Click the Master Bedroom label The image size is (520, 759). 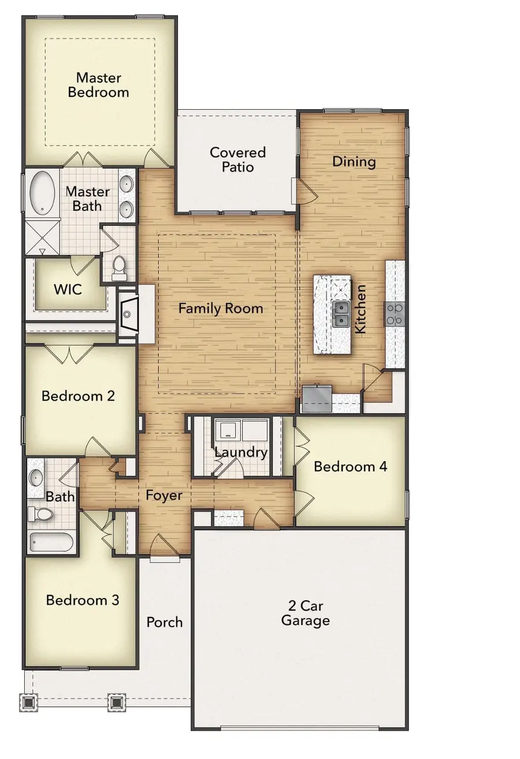click(98, 85)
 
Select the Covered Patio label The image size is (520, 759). click(237, 159)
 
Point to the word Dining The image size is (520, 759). click(354, 162)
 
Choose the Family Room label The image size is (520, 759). click(221, 308)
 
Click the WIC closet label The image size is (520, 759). click(68, 289)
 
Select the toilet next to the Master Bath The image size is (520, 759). click(118, 268)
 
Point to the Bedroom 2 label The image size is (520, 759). click(79, 396)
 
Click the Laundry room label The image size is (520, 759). click(241, 452)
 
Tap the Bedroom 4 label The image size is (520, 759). click(351, 467)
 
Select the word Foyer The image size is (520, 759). click(164, 496)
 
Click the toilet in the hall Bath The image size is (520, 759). click(40, 514)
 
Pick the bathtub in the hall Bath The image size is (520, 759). click(51, 542)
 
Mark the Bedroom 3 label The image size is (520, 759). click(83, 600)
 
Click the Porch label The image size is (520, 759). click(165, 623)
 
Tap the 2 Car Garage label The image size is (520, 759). click(306, 613)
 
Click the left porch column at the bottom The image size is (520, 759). click(28, 703)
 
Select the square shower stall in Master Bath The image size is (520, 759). click(42, 237)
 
